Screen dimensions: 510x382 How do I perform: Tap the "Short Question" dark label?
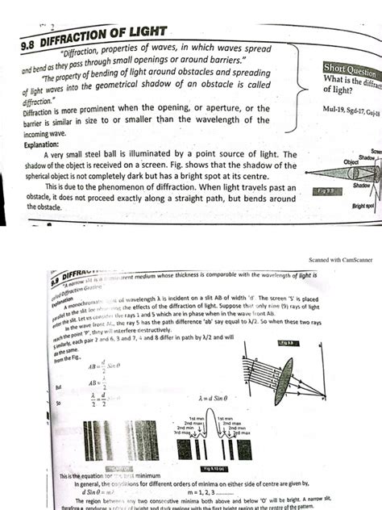pyautogui.click(x=350, y=68)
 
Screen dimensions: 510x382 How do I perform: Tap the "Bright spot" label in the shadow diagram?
pyautogui.click(x=363, y=207)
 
